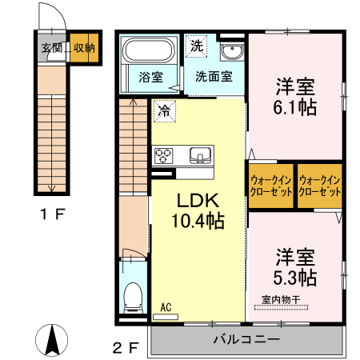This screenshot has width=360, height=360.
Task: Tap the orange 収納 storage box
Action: [85, 48]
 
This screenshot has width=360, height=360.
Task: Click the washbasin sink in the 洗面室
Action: [232, 53]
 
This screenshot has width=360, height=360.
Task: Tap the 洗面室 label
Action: [214, 78]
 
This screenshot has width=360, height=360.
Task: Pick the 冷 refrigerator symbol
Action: [163, 111]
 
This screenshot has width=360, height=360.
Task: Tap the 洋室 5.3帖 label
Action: [296, 267]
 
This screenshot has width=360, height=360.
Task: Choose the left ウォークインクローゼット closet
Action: [270, 186]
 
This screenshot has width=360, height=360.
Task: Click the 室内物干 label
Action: [280, 301]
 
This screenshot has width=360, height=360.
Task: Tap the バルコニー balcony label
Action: [246, 339]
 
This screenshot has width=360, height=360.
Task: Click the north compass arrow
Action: [54, 340]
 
